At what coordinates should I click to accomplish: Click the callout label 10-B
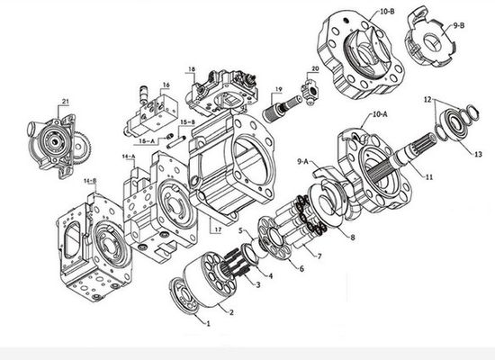point(387,12)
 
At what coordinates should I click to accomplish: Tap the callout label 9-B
point(459,25)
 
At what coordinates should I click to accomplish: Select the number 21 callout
point(66,102)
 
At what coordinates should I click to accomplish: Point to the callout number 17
point(218,229)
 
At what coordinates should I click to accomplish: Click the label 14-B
point(90,181)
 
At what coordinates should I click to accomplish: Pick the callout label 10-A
point(380,114)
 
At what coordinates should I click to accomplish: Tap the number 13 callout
point(478,154)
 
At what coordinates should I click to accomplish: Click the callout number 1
point(208,323)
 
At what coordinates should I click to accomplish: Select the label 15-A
point(148,140)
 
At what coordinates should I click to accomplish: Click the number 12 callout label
point(427,100)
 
